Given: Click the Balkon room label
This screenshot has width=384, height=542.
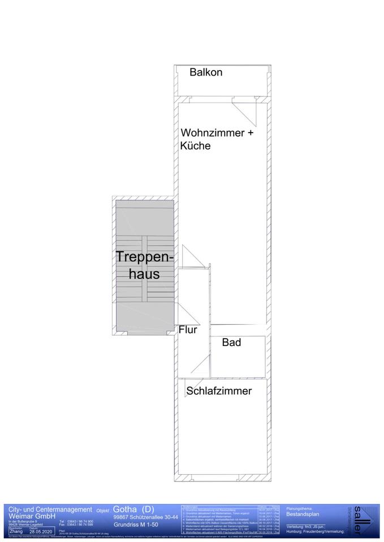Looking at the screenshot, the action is coord(206,72).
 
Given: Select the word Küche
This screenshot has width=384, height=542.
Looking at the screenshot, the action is coord(196,146).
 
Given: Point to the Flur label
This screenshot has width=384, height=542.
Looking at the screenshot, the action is coord(188,330).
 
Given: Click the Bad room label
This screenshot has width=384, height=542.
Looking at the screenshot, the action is coord(231,342).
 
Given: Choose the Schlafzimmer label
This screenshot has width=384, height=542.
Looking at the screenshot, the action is coord(219,391).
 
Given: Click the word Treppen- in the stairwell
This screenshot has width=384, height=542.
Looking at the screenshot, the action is coord(145,257).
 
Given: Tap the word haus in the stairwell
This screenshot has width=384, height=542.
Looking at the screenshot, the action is coord(145,275).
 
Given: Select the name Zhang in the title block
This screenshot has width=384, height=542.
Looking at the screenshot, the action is coord(16,531).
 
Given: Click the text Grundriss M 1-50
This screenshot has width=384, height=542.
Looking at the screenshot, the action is coord(136,524).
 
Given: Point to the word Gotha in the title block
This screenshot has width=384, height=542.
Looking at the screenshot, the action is coord(124,509).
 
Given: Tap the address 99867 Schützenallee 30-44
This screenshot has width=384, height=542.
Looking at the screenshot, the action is coord(145,517).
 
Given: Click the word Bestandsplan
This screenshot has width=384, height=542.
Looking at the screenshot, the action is coord(303,515).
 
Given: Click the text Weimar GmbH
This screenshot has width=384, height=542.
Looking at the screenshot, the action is coord(32,516).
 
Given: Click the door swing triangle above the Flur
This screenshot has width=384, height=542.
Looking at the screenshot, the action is coord(189,256).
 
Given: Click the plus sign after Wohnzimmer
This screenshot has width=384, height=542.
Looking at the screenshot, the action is coord(252,133).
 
